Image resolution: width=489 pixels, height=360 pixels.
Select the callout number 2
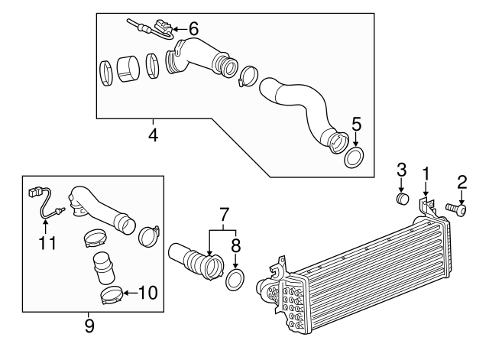tap(461, 181)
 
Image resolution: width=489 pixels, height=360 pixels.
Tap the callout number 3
tap(400, 172)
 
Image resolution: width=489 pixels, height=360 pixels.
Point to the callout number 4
tap(153, 137)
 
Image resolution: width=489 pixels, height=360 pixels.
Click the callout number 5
tap(356, 124)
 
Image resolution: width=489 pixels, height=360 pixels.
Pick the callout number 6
tap(193, 28)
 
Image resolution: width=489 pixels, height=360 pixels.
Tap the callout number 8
tap(235, 246)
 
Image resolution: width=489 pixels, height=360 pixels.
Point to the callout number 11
tap(47, 244)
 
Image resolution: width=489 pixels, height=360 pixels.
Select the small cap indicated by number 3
tap(401, 200)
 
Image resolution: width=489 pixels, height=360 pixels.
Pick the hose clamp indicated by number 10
tap(110, 294)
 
